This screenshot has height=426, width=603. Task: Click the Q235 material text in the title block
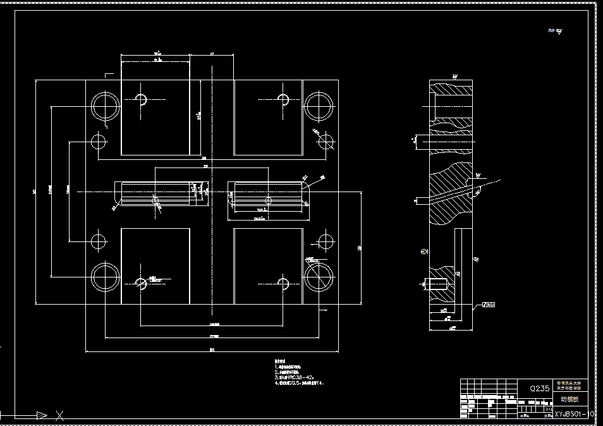pos(539,389)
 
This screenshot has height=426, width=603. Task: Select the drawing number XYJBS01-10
pos(574,414)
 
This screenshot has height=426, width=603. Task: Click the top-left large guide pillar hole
pos(105,107)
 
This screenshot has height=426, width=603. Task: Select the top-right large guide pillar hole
pos(319,107)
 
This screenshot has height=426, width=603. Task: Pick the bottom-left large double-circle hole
pos(105,277)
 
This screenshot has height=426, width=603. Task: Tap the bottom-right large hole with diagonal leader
pos(319,277)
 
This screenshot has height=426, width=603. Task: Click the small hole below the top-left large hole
pos(99,141)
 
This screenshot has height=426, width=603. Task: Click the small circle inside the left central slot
pos(156,200)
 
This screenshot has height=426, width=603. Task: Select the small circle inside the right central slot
pos(269,200)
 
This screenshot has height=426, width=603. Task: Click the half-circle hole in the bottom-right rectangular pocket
pos(284,283)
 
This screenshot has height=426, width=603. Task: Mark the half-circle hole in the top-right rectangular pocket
pos(284,99)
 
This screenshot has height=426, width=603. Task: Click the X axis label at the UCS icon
pos(60,415)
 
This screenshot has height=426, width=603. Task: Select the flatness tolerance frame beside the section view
pos(488,305)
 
